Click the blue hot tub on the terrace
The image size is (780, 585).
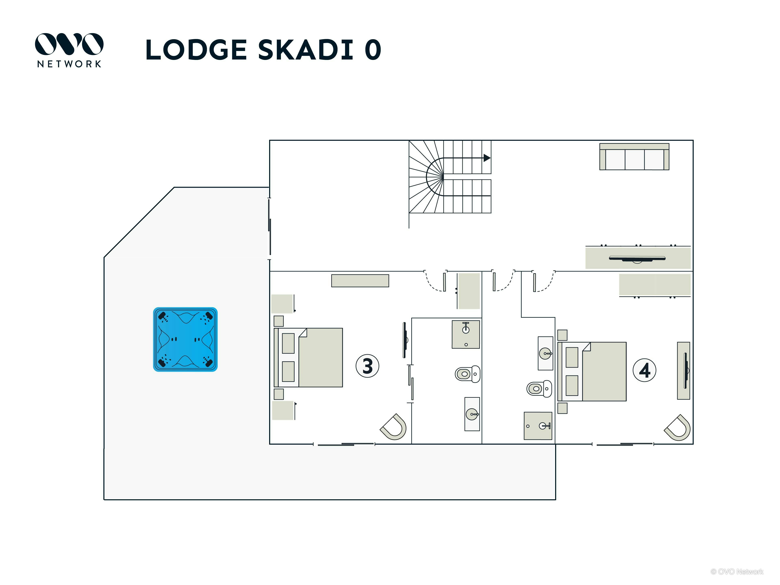[x=185, y=339]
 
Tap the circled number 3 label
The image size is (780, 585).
[x=367, y=366]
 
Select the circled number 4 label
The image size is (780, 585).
[x=645, y=370]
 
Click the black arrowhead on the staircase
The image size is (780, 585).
[x=487, y=158]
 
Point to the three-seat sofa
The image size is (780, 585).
[x=634, y=157]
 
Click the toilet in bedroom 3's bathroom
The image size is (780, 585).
[x=468, y=374]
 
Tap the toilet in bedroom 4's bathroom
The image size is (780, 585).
[x=539, y=389]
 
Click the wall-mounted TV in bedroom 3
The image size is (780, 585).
[x=405, y=340]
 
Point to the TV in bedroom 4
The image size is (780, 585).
[x=686, y=370]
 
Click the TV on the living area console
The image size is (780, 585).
[x=637, y=259]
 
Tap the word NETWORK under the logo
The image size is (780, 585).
[x=69, y=64]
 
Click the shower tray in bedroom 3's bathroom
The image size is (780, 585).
[x=466, y=334]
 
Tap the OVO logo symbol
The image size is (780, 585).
[x=69, y=44]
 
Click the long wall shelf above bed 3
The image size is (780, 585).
[x=360, y=281]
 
